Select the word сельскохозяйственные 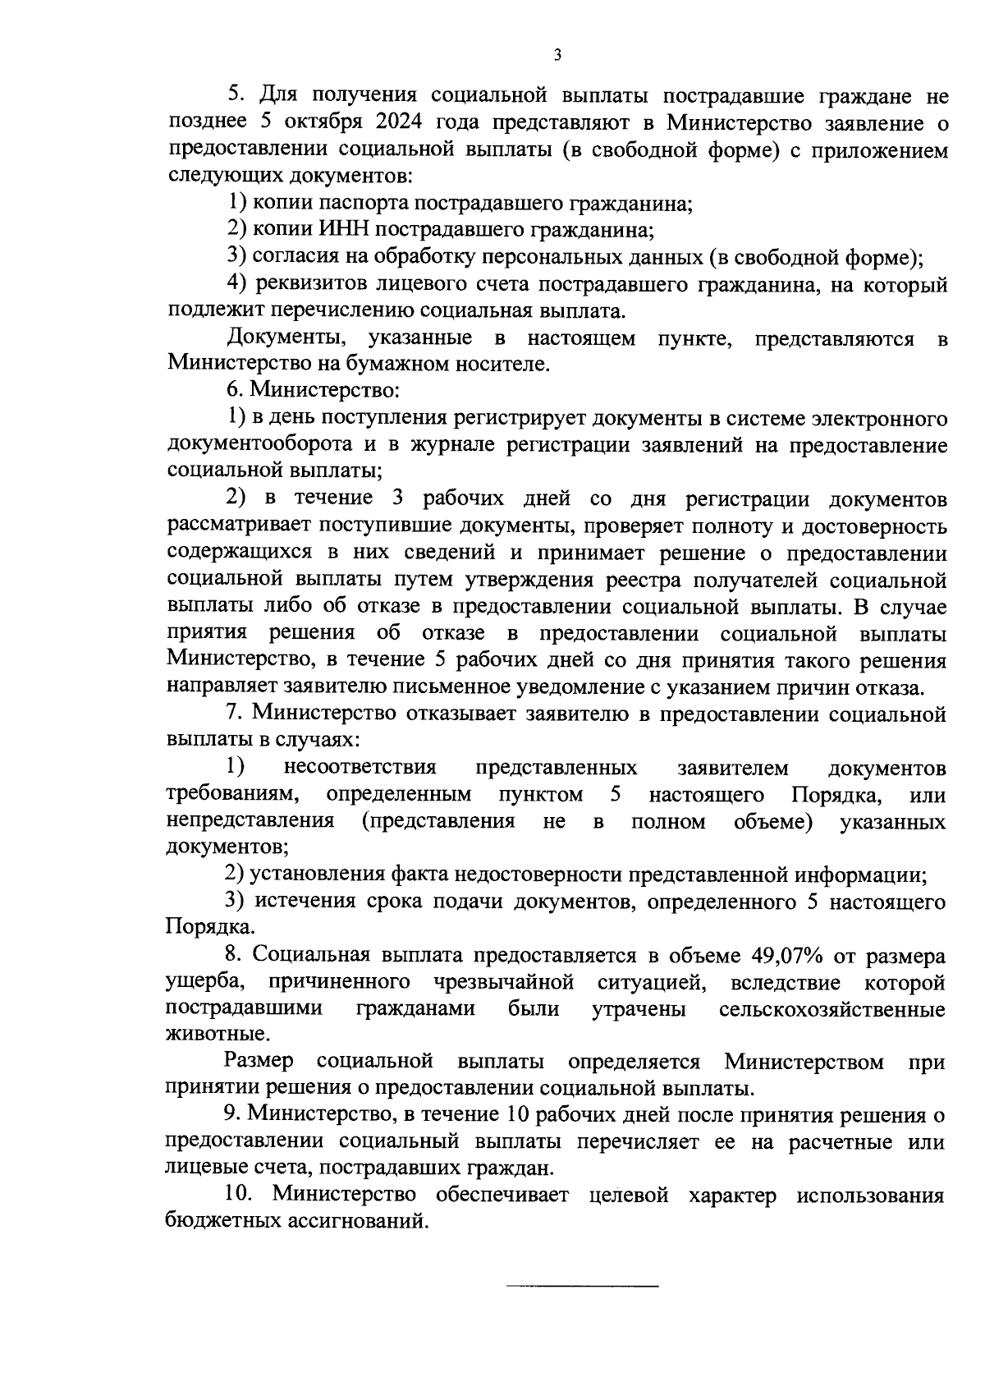point(832,1009)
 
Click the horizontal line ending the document point(582,1285)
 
